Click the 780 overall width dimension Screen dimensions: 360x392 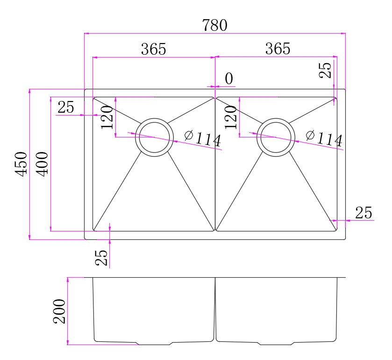[214, 25]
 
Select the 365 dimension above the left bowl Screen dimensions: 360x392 [154, 49]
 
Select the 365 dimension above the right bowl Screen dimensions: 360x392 [278, 48]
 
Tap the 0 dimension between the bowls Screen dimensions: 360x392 [229, 79]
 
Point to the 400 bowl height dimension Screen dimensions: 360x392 [42, 164]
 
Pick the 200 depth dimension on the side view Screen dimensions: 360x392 [59, 311]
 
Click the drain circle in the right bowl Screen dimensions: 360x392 [276, 137]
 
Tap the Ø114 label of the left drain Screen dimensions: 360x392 [202, 138]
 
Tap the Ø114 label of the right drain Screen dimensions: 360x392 [324, 138]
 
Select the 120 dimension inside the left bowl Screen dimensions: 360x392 [107, 117]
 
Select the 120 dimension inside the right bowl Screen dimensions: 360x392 [231, 117]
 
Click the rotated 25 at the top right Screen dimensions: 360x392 [327, 70]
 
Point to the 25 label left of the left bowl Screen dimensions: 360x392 [66, 108]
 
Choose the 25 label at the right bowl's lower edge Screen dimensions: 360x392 [363, 213]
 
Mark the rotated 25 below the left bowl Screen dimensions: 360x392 [101, 257]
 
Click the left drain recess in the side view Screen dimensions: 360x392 [154, 344]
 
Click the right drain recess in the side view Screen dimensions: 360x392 [277, 344]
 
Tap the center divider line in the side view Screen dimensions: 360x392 [215, 309]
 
